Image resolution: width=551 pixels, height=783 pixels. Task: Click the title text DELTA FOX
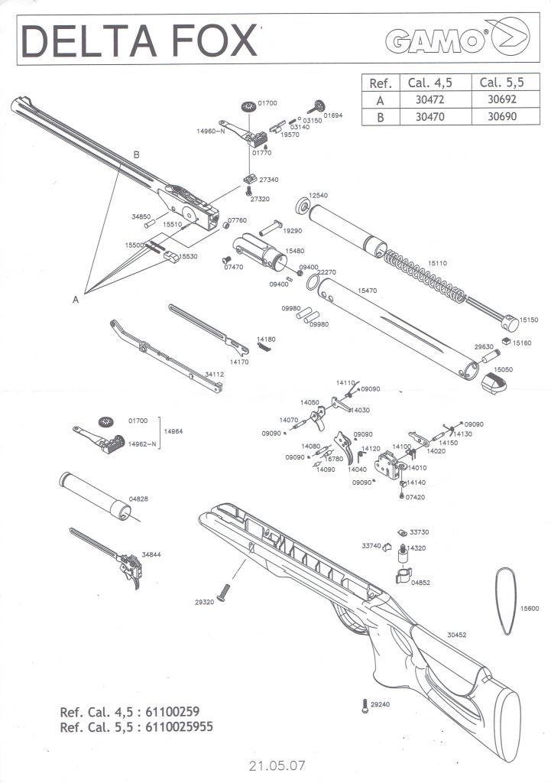click(x=139, y=41)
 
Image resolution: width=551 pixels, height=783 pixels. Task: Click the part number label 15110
click(x=437, y=262)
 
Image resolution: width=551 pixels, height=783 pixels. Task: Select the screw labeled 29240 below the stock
click(x=364, y=705)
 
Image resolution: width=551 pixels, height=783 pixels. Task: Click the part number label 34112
click(x=214, y=375)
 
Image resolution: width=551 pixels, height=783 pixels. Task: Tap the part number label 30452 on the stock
click(x=457, y=635)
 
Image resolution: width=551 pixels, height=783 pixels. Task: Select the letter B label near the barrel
click(x=137, y=154)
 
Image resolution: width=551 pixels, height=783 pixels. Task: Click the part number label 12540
click(x=318, y=195)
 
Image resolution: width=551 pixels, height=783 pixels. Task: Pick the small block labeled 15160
click(x=506, y=342)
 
